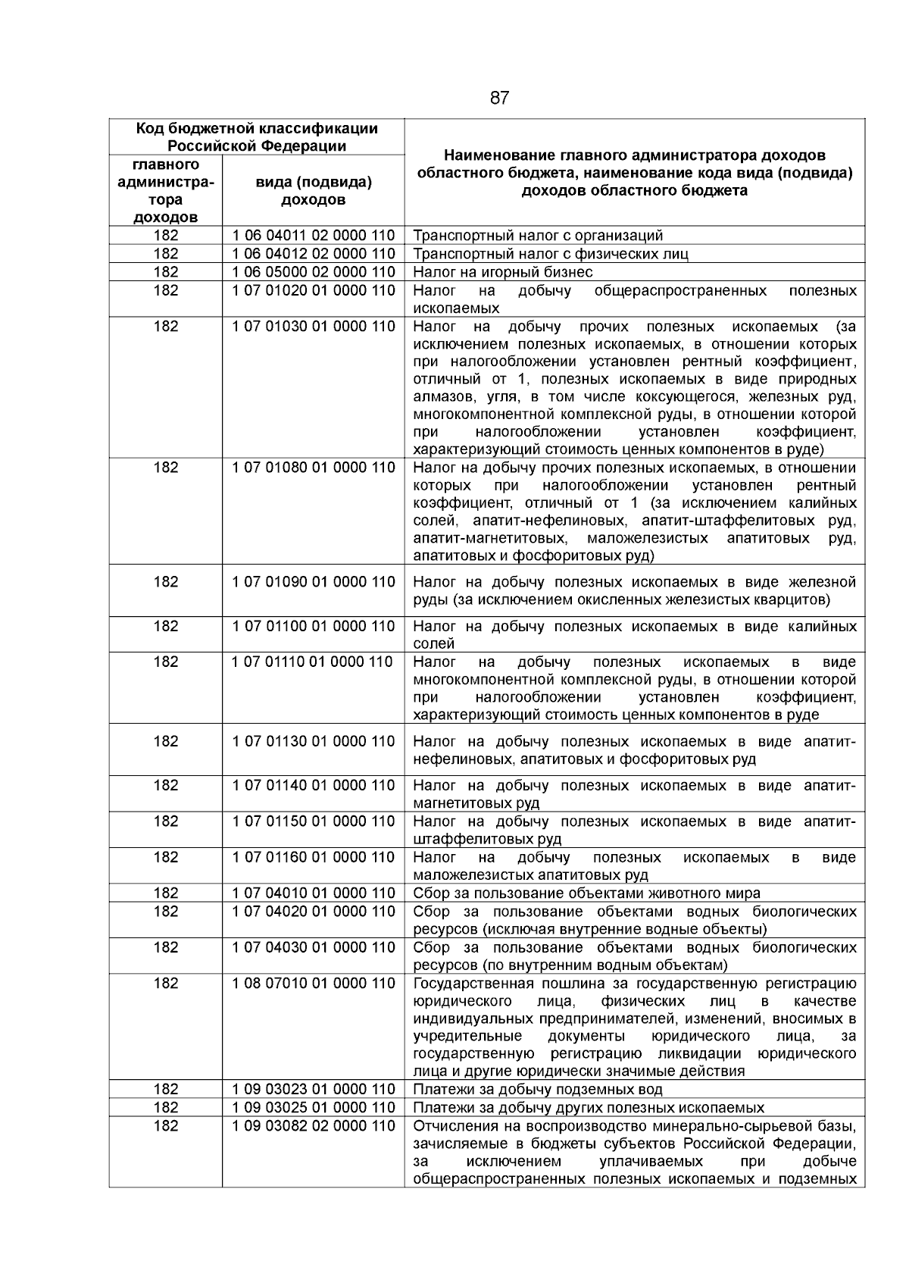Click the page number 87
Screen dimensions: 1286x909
(x=499, y=98)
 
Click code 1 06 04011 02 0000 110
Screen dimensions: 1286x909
(x=314, y=236)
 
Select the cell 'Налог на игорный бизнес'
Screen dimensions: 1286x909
(x=503, y=272)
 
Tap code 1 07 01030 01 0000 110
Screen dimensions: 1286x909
(x=314, y=327)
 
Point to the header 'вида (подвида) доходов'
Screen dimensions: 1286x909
(x=314, y=191)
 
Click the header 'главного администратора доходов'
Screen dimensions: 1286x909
(x=166, y=191)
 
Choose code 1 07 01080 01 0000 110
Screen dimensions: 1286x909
(x=314, y=468)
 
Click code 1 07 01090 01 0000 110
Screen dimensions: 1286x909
(x=314, y=582)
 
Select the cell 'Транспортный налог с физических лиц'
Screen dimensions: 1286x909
(x=551, y=254)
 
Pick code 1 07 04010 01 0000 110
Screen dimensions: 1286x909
(x=314, y=893)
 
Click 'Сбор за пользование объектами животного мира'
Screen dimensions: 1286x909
(x=586, y=893)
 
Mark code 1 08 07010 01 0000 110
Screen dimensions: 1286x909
(x=314, y=983)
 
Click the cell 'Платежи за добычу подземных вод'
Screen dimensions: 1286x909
(x=538, y=1090)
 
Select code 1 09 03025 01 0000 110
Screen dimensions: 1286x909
(x=314, y=1107)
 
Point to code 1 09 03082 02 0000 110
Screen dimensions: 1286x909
(x=314, y=1125)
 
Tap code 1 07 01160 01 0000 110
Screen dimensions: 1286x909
(x=314, y=857)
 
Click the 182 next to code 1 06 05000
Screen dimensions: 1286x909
(x=166, y=272)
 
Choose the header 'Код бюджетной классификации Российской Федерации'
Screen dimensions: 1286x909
(x=257, y=137)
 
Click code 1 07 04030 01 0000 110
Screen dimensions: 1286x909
(x=314, y=947)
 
